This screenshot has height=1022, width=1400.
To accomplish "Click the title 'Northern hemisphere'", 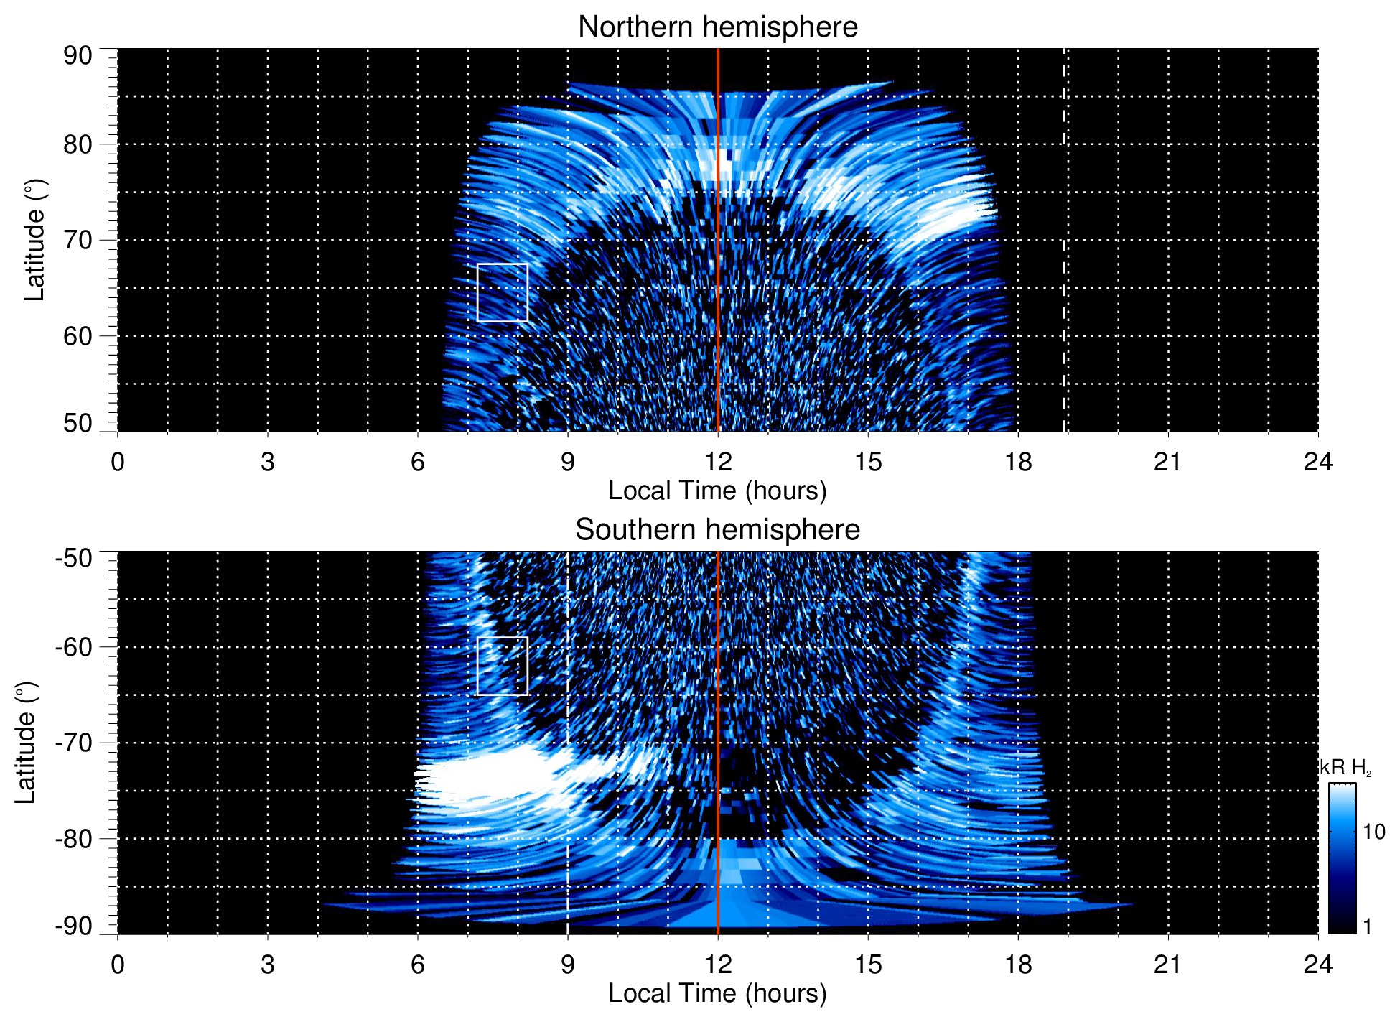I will tap(717, 27).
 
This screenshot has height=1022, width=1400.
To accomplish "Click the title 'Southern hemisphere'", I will tap(717, 530).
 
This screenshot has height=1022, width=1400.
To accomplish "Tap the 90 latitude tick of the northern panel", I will tap(78, 55).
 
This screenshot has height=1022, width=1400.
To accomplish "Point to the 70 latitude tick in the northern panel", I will tap(78, 240).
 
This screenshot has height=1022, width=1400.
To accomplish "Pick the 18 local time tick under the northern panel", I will tap(1017, 462).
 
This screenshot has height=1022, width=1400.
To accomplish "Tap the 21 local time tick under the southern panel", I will tap(1167, 965).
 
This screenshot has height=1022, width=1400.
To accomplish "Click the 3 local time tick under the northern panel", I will tap(267, 462).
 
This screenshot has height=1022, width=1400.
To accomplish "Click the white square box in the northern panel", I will tap(502, 292).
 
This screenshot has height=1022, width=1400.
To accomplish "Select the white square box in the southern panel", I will tap(502, 666).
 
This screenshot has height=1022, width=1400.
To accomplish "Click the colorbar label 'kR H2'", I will tap(1345, 768).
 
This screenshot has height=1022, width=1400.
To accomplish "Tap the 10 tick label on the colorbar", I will tap(1373, 832).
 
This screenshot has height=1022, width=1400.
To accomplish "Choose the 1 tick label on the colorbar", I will tap(1367, 926).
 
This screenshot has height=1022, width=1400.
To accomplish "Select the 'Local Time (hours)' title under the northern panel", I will tap(717, 491).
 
